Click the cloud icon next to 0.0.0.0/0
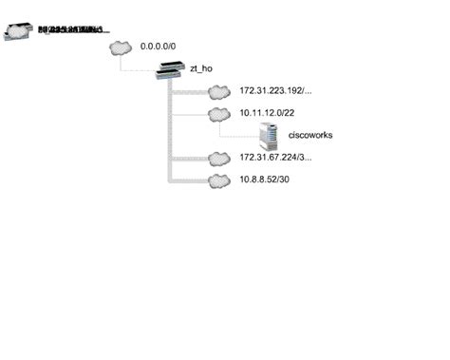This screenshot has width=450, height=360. pyautogui.click(x=121, y=47)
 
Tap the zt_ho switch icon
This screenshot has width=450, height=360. pyautogui.click(x=171, y=69)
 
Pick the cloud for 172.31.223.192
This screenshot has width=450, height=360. pyautogui.click(x=218, y=92)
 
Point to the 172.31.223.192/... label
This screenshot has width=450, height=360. pyautogui.click(x=276, y=92)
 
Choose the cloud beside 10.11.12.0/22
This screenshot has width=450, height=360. pyautogui.click(x=218, y=114)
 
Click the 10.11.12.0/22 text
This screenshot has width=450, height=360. pyautogui.click(x=269, y=113)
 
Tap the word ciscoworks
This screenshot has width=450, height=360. pyautogui.click(x=310, y=136)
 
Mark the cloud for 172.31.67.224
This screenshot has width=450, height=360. pyautogui.click(x=218, y=158)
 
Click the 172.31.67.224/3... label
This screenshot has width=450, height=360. pyautogui.click(x=276, y=158)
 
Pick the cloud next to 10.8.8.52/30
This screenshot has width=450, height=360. pyautogui.click(x=218, y=180)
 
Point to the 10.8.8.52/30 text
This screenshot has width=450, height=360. pyautogui.click(x=267, y=180)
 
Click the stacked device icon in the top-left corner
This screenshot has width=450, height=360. pyautogui.click(x=19, y=30)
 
